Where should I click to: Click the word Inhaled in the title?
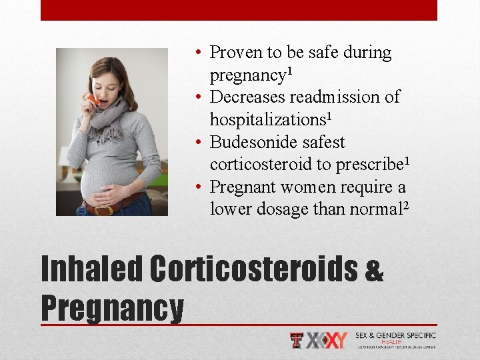92,269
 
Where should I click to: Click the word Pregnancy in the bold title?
112,308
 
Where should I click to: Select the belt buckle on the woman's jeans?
103,210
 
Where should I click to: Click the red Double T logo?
297,340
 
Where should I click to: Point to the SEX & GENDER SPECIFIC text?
395,335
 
